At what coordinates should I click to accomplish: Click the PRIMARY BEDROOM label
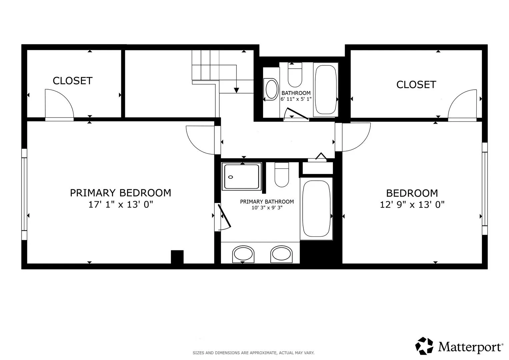[120, 193]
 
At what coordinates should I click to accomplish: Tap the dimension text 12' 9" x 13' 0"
[412, 205]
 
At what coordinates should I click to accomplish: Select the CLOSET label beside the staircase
[73, 81]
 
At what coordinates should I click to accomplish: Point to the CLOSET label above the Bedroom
[416, 85]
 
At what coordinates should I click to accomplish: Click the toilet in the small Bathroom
[295, 75]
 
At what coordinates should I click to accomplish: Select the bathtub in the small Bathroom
[326, 90]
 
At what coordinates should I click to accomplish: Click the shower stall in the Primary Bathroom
[242, 176]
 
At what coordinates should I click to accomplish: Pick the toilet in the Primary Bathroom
[282, 175]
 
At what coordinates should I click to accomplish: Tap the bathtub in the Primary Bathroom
[316, 209]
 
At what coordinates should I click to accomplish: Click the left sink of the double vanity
[243, 254]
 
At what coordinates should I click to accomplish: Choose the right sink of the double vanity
[281, 254]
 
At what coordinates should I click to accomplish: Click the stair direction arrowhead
[237, 90]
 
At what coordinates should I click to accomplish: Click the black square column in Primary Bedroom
[177, 257]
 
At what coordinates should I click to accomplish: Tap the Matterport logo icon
[424, 346]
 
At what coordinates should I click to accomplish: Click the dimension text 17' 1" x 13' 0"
[121, 205]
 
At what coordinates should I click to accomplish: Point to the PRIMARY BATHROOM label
[267, 202]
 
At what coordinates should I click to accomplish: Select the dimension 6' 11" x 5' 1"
[296, 99]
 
